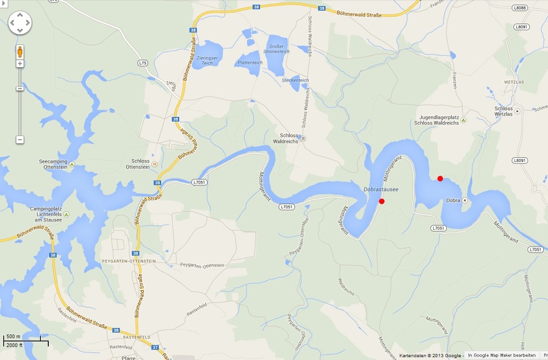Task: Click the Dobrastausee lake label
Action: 381,189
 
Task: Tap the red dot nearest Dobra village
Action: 440,179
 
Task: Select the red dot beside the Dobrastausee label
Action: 381,201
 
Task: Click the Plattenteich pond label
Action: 250,62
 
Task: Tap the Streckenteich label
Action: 295,80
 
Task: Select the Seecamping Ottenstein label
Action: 53,164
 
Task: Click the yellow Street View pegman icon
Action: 19,52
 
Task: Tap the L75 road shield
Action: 143,63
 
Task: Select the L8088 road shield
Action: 520,8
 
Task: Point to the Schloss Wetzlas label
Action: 504,111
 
